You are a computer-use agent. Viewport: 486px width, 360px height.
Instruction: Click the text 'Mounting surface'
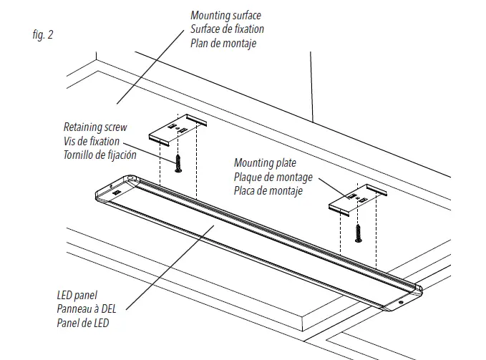click(x=225, y=15)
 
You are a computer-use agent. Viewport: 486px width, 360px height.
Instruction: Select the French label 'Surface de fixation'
click(x=227, y=29)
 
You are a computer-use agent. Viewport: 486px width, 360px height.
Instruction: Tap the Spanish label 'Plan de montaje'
click(x=223, y=43)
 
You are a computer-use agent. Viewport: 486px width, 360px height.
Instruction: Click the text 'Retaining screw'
click(x=95, y=127)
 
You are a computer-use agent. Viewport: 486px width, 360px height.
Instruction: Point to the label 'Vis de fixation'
click(x=92, y=141)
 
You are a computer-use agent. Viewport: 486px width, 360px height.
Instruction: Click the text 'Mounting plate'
click(x=264, y=163)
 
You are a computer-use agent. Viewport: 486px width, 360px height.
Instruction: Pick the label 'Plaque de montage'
click(x=273, y=177)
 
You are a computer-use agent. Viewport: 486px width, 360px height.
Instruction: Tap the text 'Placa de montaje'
click(x=268, y=191)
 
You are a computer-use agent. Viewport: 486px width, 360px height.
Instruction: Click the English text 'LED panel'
click(x=77, y=294)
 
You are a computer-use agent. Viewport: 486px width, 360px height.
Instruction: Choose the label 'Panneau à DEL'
click(x=86, y=308)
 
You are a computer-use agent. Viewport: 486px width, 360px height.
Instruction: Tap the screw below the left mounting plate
click(x=178, y=164)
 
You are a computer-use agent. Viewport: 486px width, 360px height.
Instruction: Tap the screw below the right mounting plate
click(x=358, y=233)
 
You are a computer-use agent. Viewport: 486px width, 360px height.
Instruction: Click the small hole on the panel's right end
click(x=400, y=303)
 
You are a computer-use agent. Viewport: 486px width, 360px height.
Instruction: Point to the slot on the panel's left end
click(x=117, y=192)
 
